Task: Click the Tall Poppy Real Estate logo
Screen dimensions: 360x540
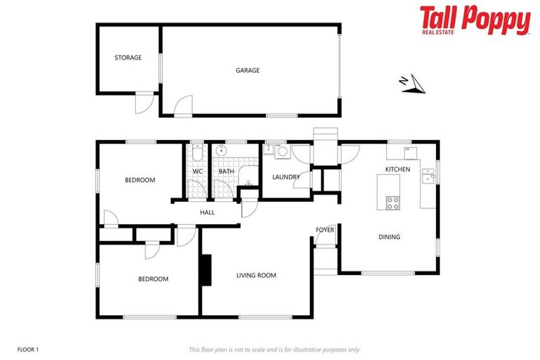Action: (x=475, y=20)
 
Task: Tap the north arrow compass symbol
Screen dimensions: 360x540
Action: (x=412, y=84)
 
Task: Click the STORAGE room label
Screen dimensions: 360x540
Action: (x=128, y=58)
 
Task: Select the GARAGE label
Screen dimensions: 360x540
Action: (x=247, y=70)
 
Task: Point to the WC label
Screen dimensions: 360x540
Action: (x=198, y=171)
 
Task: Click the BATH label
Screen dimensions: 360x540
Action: (x=226, y=171)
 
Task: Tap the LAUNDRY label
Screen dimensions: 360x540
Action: (x=286, y=176)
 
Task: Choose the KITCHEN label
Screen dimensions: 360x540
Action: (x=397, y=169)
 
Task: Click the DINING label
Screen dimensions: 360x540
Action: (x=390, y=237)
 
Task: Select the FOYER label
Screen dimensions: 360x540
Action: (x=325, y=230)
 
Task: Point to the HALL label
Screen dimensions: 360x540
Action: (x=207, y=212)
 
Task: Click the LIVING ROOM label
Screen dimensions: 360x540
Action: (x=256, y=276)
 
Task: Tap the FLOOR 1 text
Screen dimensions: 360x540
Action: (x=27, y=349)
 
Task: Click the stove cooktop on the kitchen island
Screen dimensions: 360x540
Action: (x=393, y=202)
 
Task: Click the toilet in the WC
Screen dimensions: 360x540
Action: (x=198, y=152)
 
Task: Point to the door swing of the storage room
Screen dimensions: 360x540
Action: (x=143, y=103)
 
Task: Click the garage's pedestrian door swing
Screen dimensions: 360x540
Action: (x=183, y=105)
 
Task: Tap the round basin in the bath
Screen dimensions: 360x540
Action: (x=222, y=150)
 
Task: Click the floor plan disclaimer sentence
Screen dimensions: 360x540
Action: (x=274, y=349)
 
